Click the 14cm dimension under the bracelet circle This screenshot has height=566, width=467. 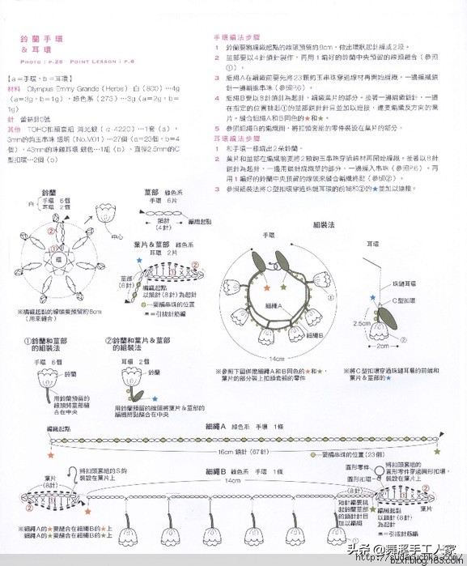(x=277, y=357)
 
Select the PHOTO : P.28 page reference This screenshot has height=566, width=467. (x=40, y=62)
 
